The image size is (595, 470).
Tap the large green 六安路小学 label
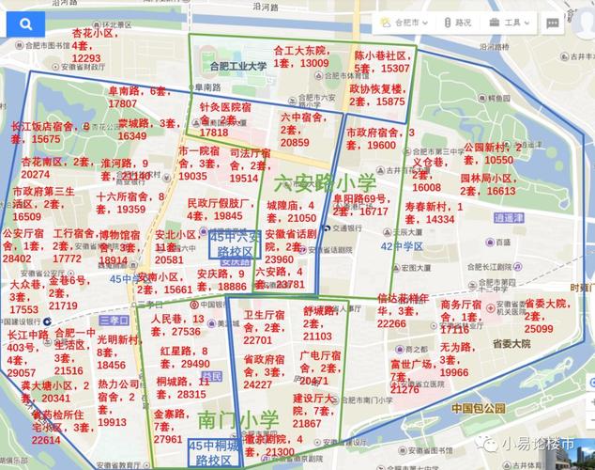326,182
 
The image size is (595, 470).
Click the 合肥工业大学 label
238,66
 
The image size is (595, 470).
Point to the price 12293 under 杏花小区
85,58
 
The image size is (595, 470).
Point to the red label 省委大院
545,304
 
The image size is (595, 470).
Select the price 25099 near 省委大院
539,329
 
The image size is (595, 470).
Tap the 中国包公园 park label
478,410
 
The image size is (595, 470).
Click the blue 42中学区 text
402,246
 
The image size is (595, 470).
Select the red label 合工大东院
298,50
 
